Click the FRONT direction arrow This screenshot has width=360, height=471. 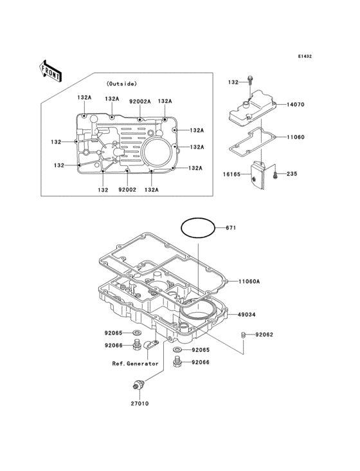coord(50,71)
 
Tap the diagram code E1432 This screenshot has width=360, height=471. coord(305,56)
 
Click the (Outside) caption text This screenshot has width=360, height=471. coord(122,84)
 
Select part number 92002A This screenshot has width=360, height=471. coord(140,102)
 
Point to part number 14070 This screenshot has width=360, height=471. coord(296,104)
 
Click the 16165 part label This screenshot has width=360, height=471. coord(231,174)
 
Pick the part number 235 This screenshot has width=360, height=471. coord(292,174)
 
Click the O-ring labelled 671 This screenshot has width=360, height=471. coord(198,218)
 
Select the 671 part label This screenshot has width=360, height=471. coord(231,228)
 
